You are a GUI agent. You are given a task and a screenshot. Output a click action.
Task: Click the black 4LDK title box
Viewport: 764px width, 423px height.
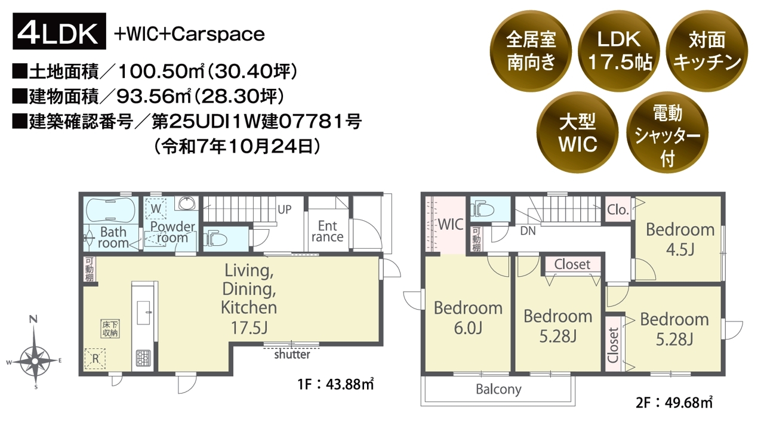[x=59, y=31]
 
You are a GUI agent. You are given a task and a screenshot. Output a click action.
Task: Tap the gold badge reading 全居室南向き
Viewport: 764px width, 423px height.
[x=531, y=51]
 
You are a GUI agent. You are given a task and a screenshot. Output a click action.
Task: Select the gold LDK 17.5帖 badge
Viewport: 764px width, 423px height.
[x=619, y=51]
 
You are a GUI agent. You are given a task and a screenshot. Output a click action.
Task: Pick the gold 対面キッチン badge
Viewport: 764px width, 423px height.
[x=707, y=51]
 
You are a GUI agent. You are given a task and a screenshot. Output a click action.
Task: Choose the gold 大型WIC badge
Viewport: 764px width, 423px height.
[x=577, y=132]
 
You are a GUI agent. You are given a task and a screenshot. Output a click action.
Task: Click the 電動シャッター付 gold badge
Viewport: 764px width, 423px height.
[x=667, y=132]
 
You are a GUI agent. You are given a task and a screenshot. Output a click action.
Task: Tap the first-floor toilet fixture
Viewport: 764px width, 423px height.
[x=215, y=239]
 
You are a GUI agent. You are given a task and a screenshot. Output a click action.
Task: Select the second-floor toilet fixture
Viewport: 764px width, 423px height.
[x=483, y=209]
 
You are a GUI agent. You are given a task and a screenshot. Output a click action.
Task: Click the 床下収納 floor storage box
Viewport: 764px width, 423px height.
[x=110, y=329]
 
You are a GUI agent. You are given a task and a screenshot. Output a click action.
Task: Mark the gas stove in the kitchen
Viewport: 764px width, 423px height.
[x=143, y=358]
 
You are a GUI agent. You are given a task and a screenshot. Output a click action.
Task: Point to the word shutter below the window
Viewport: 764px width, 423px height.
[x=292, y=354]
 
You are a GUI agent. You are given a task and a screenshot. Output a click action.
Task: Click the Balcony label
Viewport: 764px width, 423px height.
[x=498, y=389]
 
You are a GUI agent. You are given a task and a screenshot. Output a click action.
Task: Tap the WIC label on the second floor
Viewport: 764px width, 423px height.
[x=451, y=224]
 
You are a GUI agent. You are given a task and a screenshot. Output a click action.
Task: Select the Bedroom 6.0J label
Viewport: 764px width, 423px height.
[x=468, y=318]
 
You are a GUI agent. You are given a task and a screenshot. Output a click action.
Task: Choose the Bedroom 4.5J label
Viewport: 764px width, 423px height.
[x=680, y=240]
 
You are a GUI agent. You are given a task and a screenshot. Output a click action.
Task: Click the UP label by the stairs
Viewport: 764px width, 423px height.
[x=285, y=209]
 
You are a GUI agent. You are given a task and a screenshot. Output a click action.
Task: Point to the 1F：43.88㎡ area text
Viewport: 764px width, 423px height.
[x=335, y=384]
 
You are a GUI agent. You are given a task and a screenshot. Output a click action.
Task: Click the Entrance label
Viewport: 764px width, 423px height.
[x=328, y=231]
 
